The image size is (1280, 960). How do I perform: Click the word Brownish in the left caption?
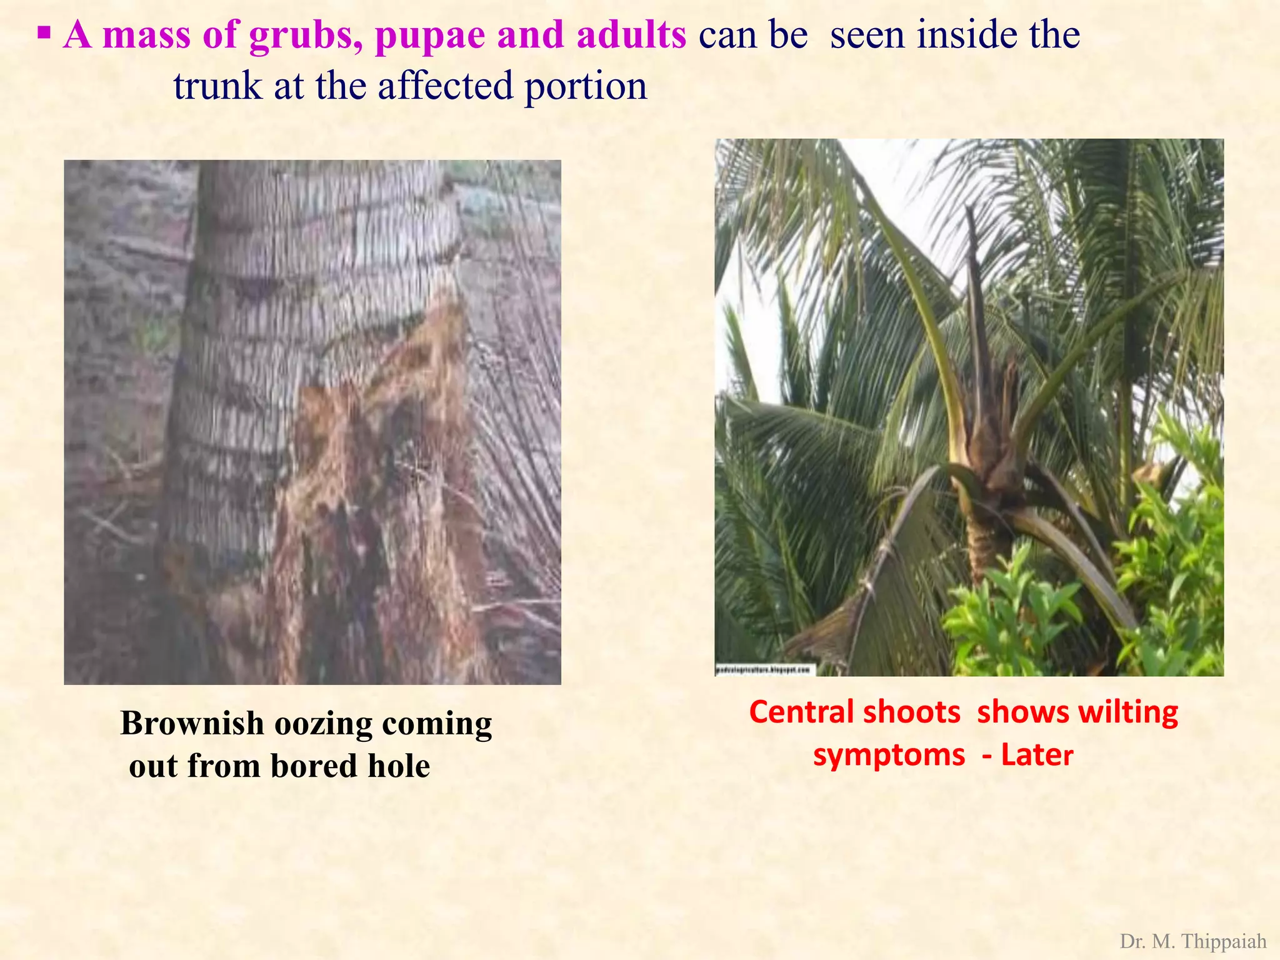point(192,724)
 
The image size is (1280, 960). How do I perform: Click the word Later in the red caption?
point(1037,754)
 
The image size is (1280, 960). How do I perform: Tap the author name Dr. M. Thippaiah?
point(1192,941)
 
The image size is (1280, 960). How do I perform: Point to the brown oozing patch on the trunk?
point(375,487)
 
